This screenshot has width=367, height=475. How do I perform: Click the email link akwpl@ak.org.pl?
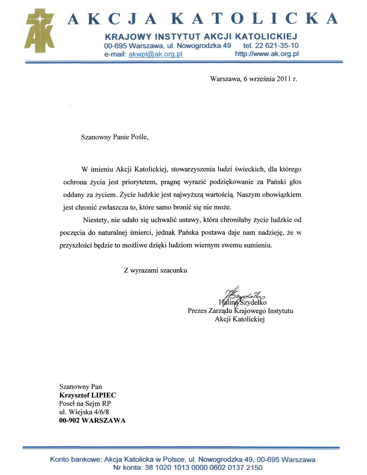pyautogui.click(x=155, y=54)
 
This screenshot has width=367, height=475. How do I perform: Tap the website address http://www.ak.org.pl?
pyautogui.click(x=266, y=54)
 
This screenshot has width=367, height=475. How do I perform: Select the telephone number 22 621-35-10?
pyautogui.click(x=277, y=46)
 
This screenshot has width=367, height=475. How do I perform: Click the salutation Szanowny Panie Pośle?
pyautogui.click(x=115, y=137)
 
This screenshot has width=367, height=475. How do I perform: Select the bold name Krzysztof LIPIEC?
pyautogui.click(x=88, y=395)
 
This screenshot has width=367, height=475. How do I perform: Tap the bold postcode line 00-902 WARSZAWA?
pyautogui.click(x=92, y=420)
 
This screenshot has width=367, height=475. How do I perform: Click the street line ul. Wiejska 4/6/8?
pyautogui.click(x=84, y=412)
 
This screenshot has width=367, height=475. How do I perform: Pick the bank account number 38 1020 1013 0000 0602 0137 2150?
pyautogui.click(x=203, y=467)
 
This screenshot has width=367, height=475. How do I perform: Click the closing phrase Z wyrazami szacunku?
pyautogui.click(x=155, y=270)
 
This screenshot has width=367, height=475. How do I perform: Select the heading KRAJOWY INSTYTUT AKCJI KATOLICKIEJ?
pyautogui.click(x=201, y=37)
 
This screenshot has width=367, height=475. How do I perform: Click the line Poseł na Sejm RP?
pyautogui.click(x=85, y=403)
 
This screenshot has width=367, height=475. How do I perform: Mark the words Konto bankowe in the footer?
pyautogui.click(x=76, y=460)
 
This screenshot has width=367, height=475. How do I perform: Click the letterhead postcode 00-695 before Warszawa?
pyautogui.click(x=115, y=46)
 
